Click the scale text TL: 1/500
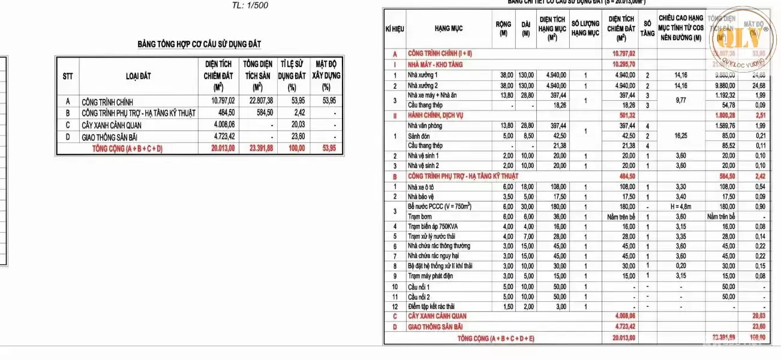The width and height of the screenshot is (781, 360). coord(250,5)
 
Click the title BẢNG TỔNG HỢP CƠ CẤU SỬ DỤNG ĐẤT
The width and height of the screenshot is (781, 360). coord(199,44)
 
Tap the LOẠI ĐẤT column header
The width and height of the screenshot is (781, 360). coord(139,76)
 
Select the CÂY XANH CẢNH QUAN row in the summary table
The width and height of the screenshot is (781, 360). coord(115,125)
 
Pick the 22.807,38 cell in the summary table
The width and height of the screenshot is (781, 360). coord(259,101)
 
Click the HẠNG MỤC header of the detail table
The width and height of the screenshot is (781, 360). coord(449,28)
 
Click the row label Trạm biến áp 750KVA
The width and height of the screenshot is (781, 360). coord(431,226)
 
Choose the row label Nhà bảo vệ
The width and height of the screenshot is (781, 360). coord(420,196)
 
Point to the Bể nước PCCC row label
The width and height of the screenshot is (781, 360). coord(440,206)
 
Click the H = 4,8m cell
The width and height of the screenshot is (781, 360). coord(680,206)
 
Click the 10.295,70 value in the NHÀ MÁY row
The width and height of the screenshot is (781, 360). coord(623,64)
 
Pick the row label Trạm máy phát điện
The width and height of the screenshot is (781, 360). coord(430,276)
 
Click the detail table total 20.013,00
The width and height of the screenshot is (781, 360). coord(623,338)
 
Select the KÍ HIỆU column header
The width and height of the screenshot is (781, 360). coord(395,29)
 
